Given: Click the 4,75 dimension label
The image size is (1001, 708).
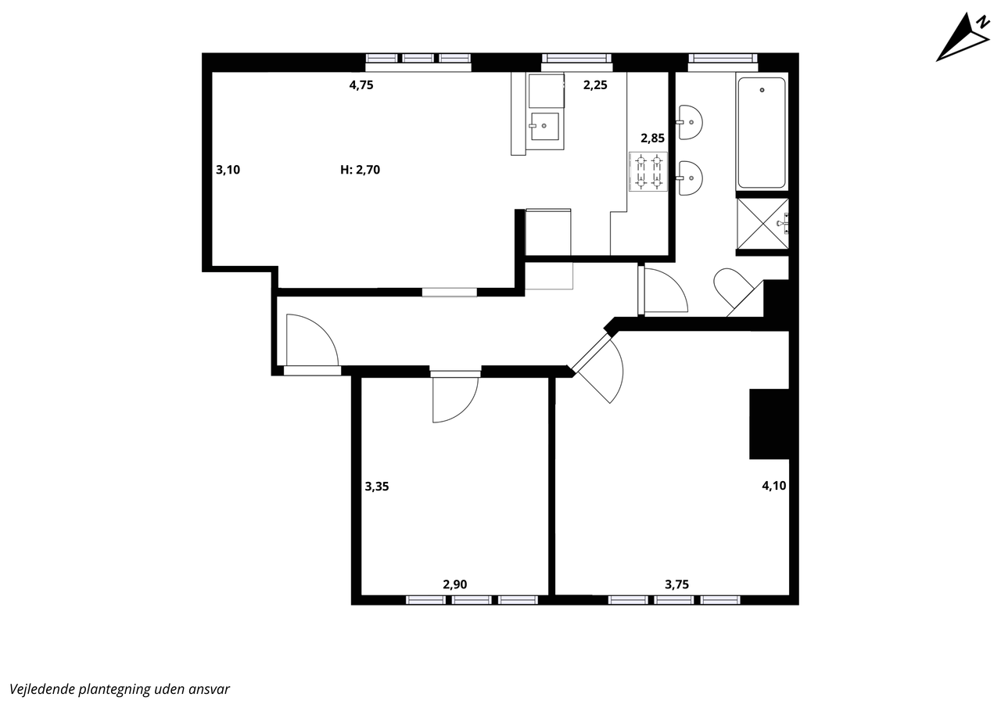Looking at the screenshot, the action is point(361,85).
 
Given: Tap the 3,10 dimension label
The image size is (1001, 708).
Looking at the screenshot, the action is point(228,170).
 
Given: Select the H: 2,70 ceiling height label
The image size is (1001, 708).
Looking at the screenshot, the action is point(361,170).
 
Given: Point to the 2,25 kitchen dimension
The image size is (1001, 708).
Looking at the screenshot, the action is point(595,85).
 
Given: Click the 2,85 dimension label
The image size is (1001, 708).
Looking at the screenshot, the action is point(652,138).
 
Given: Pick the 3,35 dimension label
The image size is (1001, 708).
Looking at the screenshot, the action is point(377,487).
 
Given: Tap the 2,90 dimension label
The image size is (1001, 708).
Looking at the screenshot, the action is point(455,584).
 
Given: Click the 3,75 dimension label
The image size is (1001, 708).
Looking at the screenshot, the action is point(677,584).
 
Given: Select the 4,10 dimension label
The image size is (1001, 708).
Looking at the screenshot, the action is point(774,485).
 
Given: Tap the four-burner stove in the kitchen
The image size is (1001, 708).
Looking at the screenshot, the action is point(648,171).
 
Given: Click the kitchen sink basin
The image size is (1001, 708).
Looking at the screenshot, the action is point(544,126).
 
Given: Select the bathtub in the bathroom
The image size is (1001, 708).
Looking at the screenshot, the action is point(762,133).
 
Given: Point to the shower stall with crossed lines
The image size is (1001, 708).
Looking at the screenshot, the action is point(762,224).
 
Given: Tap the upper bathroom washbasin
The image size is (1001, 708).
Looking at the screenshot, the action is point(690,122).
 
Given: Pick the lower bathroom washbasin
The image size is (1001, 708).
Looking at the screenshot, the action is point(690,178).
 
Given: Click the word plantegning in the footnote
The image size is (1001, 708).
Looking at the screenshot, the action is point(114,688).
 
